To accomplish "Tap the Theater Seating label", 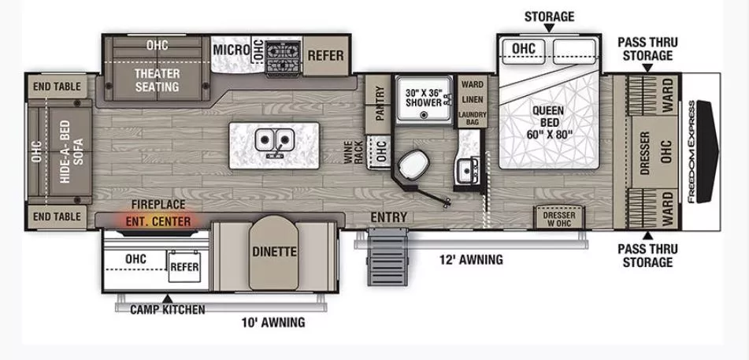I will (x=157, y=80).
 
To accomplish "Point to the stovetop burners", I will (x=281, y=56).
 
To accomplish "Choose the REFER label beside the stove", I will (x=324, y=55).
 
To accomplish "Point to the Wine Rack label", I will (x=358, y=151).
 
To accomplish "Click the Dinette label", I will (x=274, y=252).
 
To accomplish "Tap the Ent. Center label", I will (x=158, y=221).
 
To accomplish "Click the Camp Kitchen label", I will (x=168, y=310).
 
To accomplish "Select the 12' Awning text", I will (x=472, y=260).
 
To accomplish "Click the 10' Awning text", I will (x=273, y=322).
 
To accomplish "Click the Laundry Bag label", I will (x=472, y=119).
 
